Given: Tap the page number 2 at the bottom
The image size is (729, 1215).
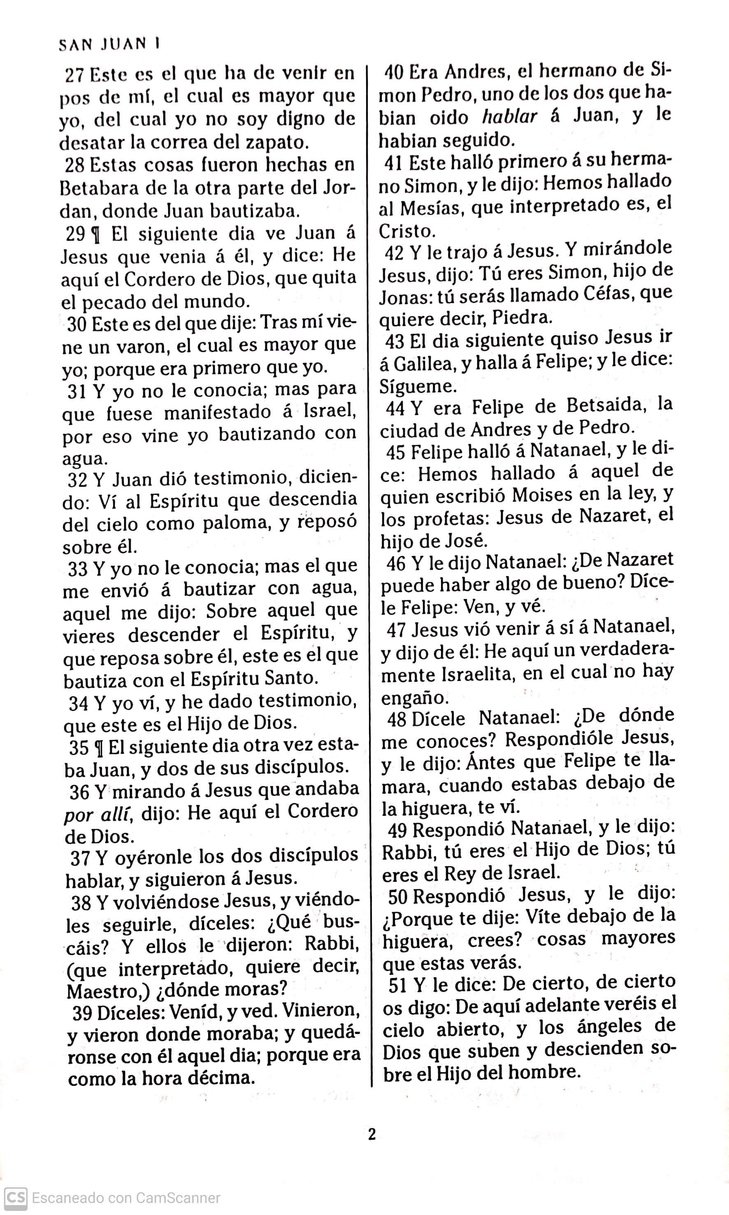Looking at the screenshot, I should pos(372,1134).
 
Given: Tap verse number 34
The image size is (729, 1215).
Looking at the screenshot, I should pos(79,703).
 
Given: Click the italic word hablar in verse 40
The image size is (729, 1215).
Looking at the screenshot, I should pos(509,117).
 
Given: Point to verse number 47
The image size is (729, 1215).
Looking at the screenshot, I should pos(396,630).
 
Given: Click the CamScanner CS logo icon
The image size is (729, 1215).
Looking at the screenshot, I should pos(15,1197).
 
